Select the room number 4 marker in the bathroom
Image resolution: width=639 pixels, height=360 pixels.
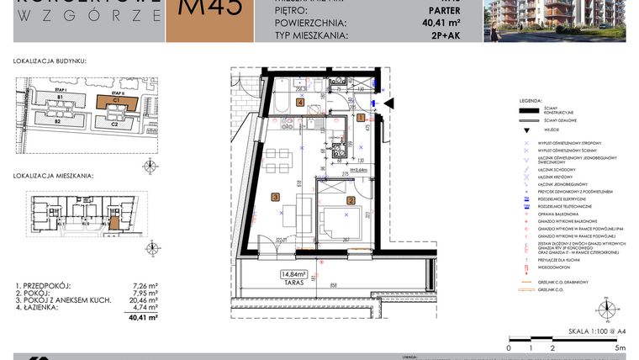[x=277, y=102]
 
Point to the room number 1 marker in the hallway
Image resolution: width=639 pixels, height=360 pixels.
[x=361, y=119]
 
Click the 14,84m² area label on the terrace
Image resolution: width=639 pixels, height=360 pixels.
[x=295, y=273]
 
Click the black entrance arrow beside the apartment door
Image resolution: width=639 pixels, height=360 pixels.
[x=388, y=103]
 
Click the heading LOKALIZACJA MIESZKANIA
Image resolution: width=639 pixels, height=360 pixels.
[x=53, y=176]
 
